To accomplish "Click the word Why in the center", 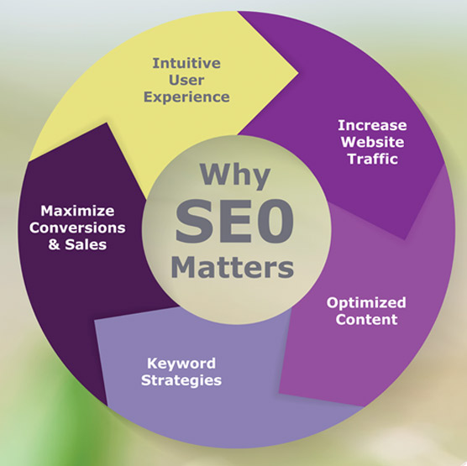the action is [235, 175].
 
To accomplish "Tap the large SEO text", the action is [234, 221].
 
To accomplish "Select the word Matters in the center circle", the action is [233, 267].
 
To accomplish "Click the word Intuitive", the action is [186, 63].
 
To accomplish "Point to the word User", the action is [186, 80].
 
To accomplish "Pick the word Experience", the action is [186, 97].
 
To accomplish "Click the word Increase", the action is [372, 125].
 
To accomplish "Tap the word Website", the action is [373, 142].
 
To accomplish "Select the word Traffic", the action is [373, 159].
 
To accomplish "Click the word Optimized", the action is [366, 303].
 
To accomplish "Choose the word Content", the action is [366, 320].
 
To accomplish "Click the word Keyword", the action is [181, 364].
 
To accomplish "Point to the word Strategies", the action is [181, 380].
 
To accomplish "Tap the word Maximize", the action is [77, 211].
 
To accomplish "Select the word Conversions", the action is [77, 228].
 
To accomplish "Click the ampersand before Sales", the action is [54, 244].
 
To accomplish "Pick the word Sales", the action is [86, 244].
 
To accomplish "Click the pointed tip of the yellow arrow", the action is [298, 72].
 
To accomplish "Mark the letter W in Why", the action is [213, 173].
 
